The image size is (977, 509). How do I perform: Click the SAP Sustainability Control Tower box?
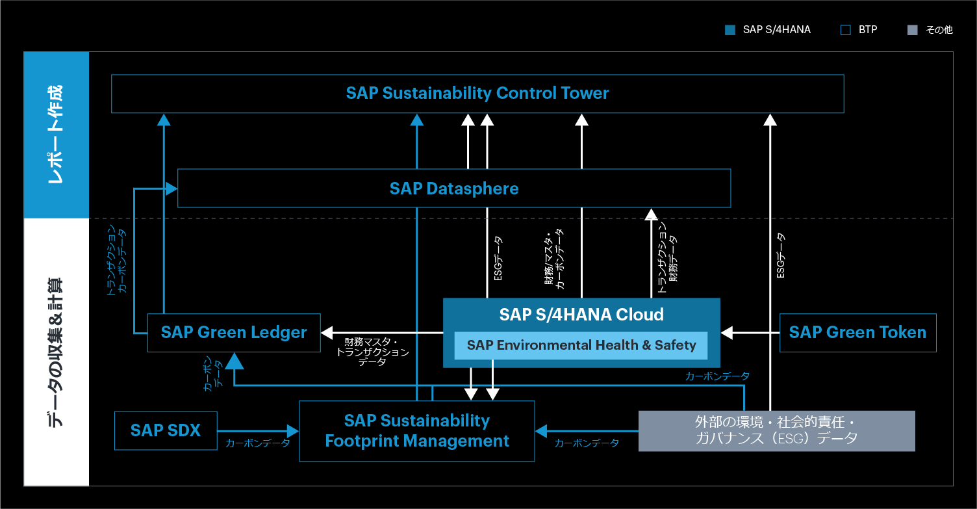[x=477, y=94]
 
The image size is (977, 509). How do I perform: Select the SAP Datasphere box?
[x=454, y=189]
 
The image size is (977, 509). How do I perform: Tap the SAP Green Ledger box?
[x=234, y=333]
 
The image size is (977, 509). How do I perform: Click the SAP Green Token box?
[x=857, y=333]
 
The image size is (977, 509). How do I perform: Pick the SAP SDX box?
[x=166, y=430]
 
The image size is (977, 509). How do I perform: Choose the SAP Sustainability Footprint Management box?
[x=416, y=431]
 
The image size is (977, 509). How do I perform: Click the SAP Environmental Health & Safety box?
[x=581, y=346]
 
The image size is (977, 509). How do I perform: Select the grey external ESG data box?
[x=776, y=430]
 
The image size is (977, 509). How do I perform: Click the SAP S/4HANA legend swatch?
[x=730, y=30]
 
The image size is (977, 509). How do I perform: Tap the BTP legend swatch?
[x=845, y=30]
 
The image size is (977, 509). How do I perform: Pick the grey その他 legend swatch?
[x=912, y=30]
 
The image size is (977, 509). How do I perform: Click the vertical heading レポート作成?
[x=57, y=135]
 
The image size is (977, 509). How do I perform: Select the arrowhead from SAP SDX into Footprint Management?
[x=292, y=430]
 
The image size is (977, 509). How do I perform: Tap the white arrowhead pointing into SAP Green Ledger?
[x=327, y=333]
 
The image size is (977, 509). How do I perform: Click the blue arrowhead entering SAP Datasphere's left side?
[x=171, y=189]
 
